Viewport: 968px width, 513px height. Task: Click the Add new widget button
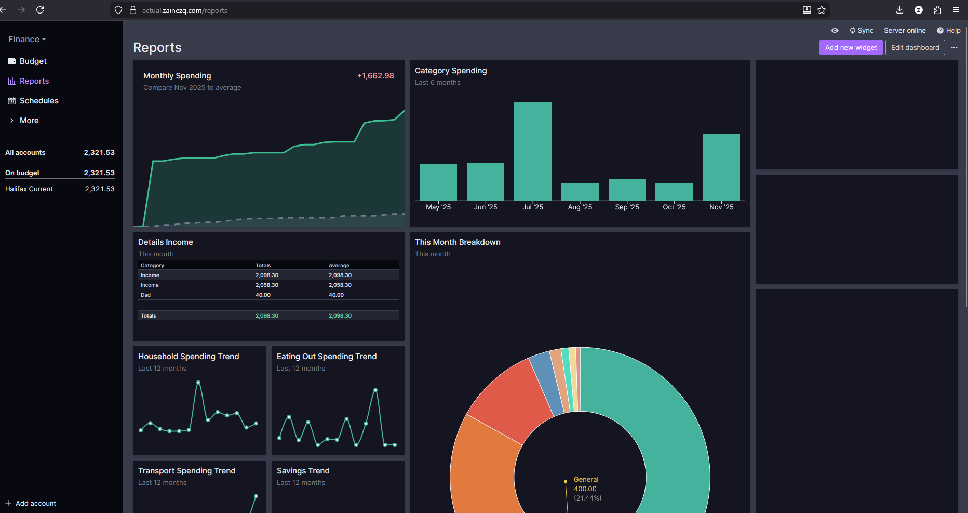(x=851, y=47)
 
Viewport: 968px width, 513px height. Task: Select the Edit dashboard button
(x=915, y=47)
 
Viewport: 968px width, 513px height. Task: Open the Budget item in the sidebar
(x=33, y=61)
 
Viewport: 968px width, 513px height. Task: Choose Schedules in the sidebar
(x=38, y=101)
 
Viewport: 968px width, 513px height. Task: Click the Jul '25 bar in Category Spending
(x=533, y=151)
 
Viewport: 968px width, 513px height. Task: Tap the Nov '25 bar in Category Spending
(x=721, y=167)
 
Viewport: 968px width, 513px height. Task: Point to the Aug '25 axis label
(x=580, y=207)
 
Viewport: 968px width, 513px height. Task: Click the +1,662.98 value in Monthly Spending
(x=375, y=76)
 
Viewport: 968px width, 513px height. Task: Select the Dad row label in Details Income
(x=145, y=295)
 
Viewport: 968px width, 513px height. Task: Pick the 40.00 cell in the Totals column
(x=263, y=295)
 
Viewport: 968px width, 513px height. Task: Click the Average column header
(x=339, y=266)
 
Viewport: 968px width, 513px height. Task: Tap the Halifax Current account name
(x=29, y=189)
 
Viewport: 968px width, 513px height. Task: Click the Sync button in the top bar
(x=862, y=31)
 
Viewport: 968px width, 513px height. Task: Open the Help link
(x=949, y=31)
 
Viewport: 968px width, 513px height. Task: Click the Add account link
(x=31, y=503)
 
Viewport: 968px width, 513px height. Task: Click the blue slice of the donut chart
(x=547, y=384)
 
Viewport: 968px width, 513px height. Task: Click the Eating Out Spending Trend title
(x=327, y=357)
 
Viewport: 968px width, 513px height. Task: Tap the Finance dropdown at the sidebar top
(x=27, y=40)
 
